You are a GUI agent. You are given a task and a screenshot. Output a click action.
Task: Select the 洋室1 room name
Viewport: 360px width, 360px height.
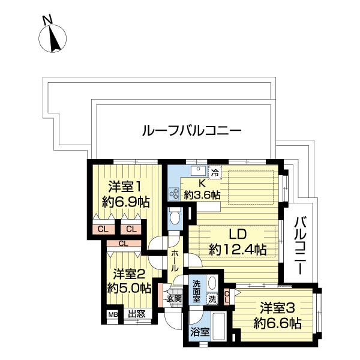coord(126,185)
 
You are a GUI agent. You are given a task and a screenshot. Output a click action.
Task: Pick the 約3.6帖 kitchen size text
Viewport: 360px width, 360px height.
coord(202,194)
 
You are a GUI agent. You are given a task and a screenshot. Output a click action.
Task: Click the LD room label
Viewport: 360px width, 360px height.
coord(237,234)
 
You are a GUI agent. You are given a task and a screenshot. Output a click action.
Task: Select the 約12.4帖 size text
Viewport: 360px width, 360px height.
coord(238,249)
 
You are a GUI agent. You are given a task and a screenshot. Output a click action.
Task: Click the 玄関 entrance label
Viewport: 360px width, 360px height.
coord(173,298)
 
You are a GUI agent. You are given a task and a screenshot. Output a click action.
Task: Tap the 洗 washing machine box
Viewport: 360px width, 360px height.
coord(212,298)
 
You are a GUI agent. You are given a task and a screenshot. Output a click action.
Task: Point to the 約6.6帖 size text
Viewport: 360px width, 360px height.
coord(277,324)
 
